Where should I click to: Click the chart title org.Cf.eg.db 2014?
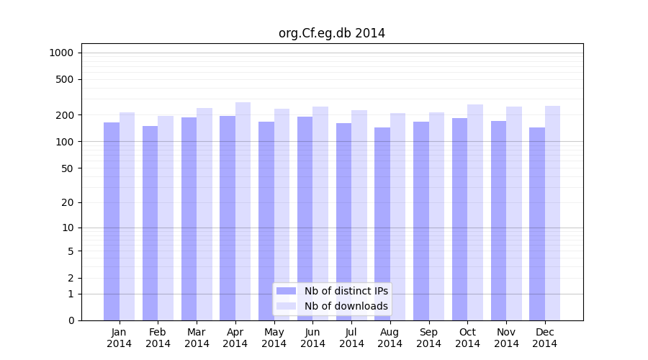(331, 33)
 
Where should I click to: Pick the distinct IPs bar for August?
(382, 224)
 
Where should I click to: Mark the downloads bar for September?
(436, 216)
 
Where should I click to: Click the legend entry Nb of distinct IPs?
(346, 291)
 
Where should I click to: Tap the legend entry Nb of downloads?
(346, 306)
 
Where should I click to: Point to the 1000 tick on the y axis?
(61, 53)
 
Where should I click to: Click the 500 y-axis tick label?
(65, 79)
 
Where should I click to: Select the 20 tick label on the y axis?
(68, 202)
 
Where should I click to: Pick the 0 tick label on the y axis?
(71, 320)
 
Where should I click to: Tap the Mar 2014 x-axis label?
(197, 338)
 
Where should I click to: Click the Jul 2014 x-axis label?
(351, 338)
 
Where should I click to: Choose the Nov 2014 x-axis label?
(506, 338)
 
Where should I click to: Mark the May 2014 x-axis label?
(274, 338)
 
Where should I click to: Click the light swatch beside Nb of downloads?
(286, 306)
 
